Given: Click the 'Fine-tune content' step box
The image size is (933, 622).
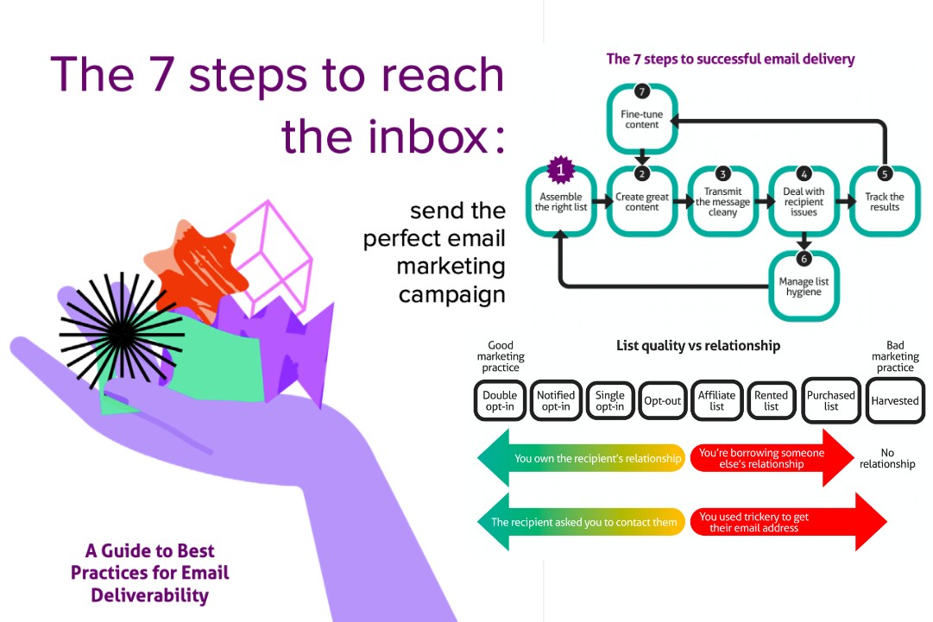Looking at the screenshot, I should tap(640, 118).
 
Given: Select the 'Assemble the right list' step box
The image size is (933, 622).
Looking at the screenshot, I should tap(561, 203).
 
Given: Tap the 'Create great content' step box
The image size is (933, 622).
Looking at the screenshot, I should tap(641, 202).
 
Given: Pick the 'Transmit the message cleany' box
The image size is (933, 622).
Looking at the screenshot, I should tap(722, 202).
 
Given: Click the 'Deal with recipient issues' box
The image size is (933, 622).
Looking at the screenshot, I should tap(804, 202).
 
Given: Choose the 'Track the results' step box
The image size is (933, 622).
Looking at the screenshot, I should tap(885, 202).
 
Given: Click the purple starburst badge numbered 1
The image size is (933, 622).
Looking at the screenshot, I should tap(560, 171).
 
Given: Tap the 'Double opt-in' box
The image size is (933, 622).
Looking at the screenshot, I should tap(500, 401).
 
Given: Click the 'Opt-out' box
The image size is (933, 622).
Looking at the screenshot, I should tap(663, 401).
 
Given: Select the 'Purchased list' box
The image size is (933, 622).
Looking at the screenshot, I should tap(830, 401).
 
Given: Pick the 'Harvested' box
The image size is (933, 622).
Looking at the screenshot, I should tap(894, 401).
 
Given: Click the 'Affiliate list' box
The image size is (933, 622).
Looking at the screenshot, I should tap(716, 401).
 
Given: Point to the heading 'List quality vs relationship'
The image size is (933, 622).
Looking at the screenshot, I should tap(698, 346).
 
